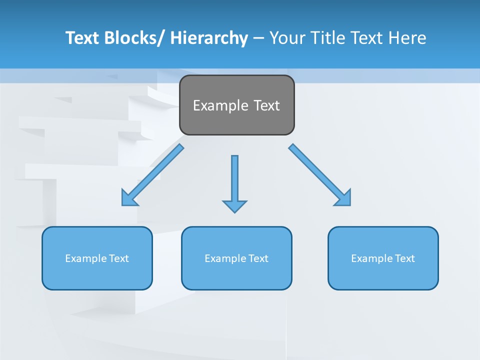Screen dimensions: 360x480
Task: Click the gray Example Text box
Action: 236,105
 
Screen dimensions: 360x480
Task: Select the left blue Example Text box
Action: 97,258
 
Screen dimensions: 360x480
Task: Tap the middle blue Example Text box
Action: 236,258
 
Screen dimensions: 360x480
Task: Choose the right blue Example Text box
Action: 383,258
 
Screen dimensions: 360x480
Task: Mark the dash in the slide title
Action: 258,38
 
